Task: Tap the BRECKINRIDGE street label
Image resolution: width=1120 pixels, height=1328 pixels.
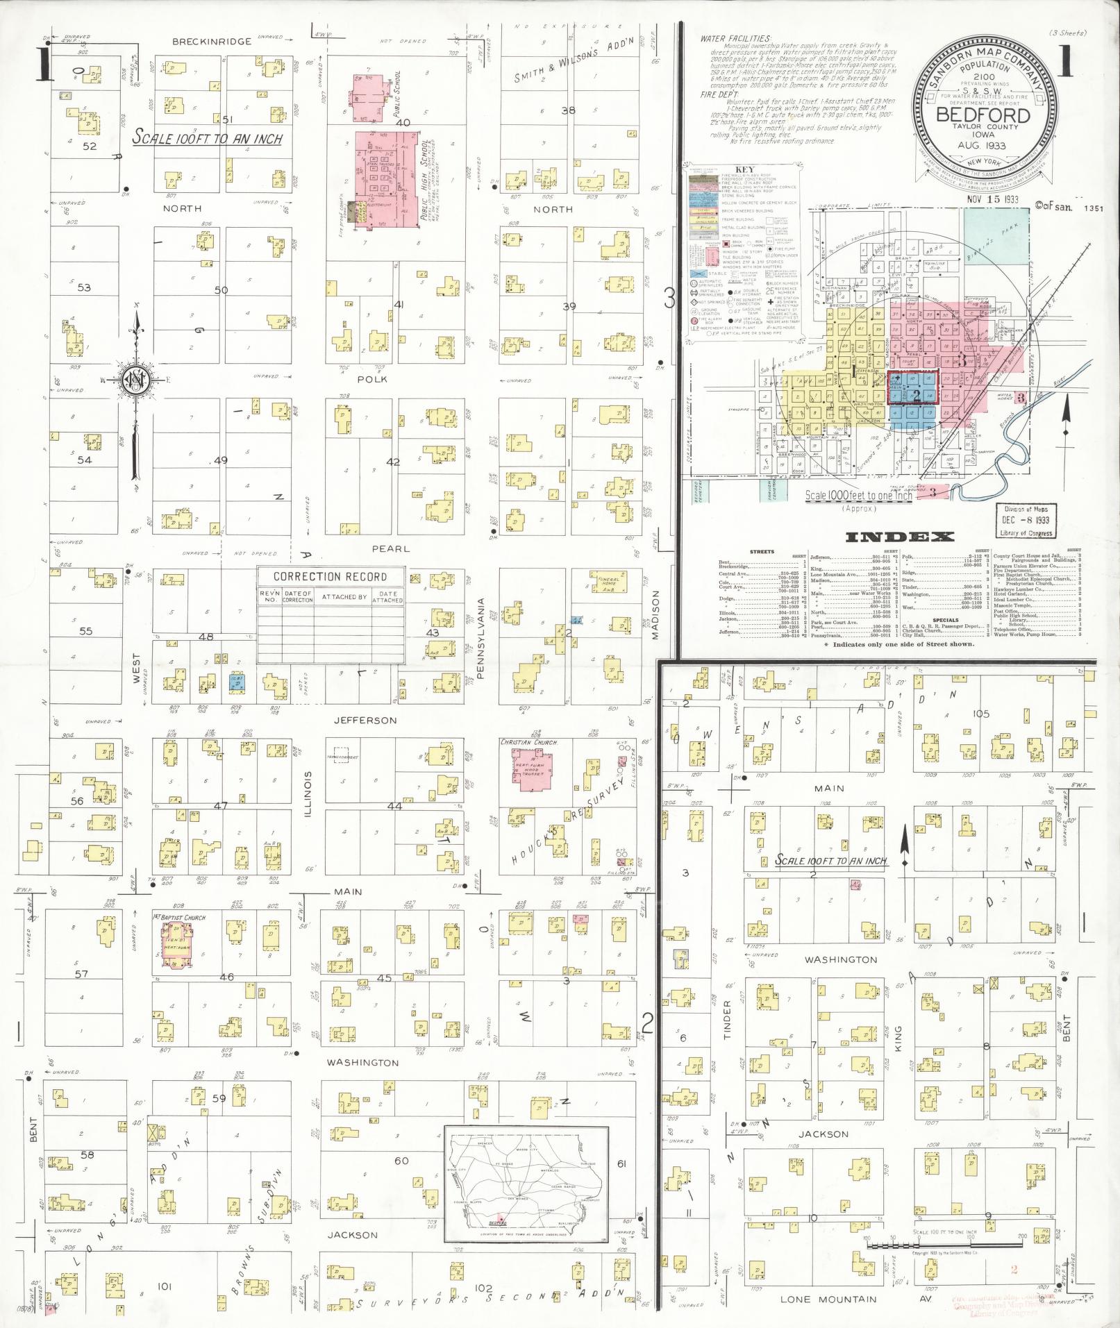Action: click(x=201, y=42)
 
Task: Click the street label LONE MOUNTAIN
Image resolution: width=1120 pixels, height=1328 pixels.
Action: click(x=819, y=1299)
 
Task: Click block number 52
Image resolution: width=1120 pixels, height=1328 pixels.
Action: click(x=89, y=146)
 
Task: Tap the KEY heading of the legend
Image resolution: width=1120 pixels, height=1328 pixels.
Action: click(x=743, y=169)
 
